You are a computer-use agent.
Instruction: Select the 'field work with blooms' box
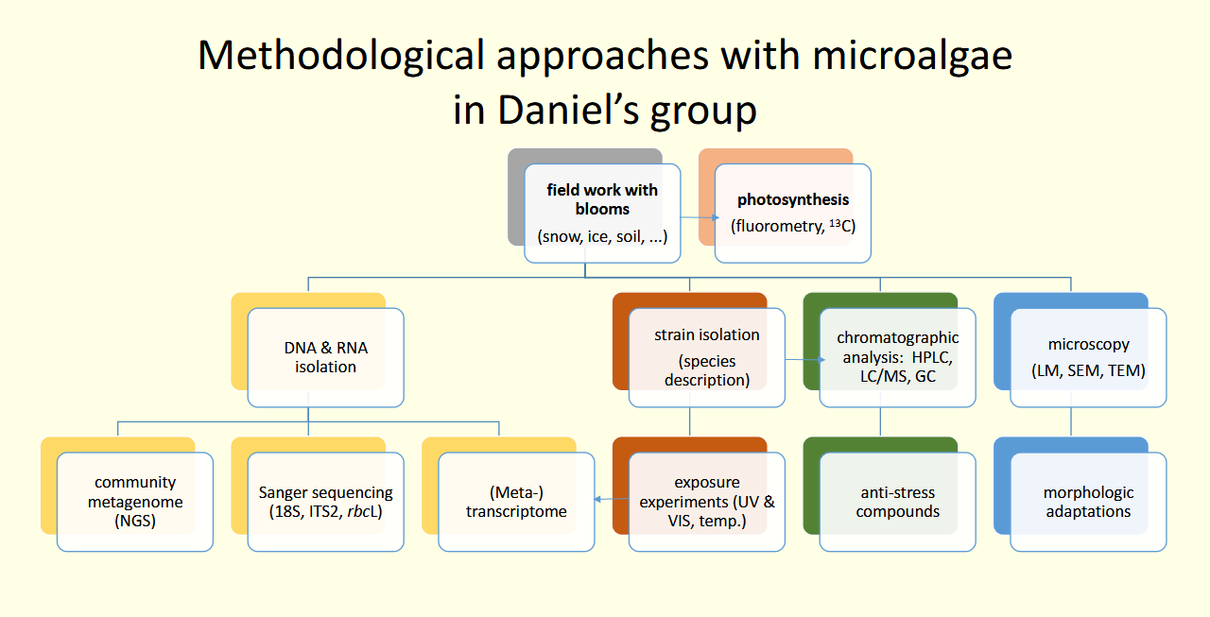(x=602, y=213)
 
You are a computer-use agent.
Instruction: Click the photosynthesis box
(x=793, y=213)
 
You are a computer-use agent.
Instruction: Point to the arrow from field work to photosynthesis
(x=698, y=216)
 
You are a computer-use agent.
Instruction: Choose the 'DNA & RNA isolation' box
(x=326, y=357)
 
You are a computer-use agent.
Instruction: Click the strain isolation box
(x=706, y=357)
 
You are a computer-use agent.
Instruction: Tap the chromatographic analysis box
(x=897, y=357)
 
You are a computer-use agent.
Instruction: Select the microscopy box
(x=1088, y=357)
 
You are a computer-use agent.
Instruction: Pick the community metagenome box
(x=135, y=501)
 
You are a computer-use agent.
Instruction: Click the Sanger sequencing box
(x=326, y=501)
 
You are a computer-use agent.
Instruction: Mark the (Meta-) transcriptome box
(x=516, y=501)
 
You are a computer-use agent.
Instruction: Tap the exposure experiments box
(x=707, y=501)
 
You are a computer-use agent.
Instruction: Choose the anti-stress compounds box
(x=898, y=501)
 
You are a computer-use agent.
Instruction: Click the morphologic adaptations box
(x=1088, y=501)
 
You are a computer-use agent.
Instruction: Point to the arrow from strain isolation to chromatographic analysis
(x=802, y=360)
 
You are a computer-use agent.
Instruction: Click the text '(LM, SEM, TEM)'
(x=1088, y=370)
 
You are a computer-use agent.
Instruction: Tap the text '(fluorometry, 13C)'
(x=793, y=226)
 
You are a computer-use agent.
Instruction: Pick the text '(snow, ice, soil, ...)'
(x=602, y=236)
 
